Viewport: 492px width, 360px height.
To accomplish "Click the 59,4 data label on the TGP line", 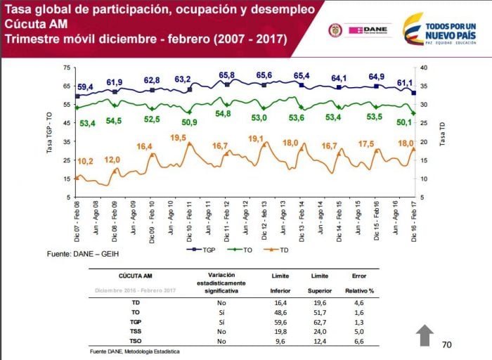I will point(85,87).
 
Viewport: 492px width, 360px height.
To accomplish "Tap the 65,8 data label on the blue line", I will point(226,75).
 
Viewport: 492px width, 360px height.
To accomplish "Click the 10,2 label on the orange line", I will point(85,161).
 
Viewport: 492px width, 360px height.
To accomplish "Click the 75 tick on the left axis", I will point(67,67).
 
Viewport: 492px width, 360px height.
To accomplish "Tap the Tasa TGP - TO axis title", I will point(50,132).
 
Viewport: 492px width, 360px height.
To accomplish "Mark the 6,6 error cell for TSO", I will point(358,340).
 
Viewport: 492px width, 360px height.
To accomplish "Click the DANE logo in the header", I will point(363,30).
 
